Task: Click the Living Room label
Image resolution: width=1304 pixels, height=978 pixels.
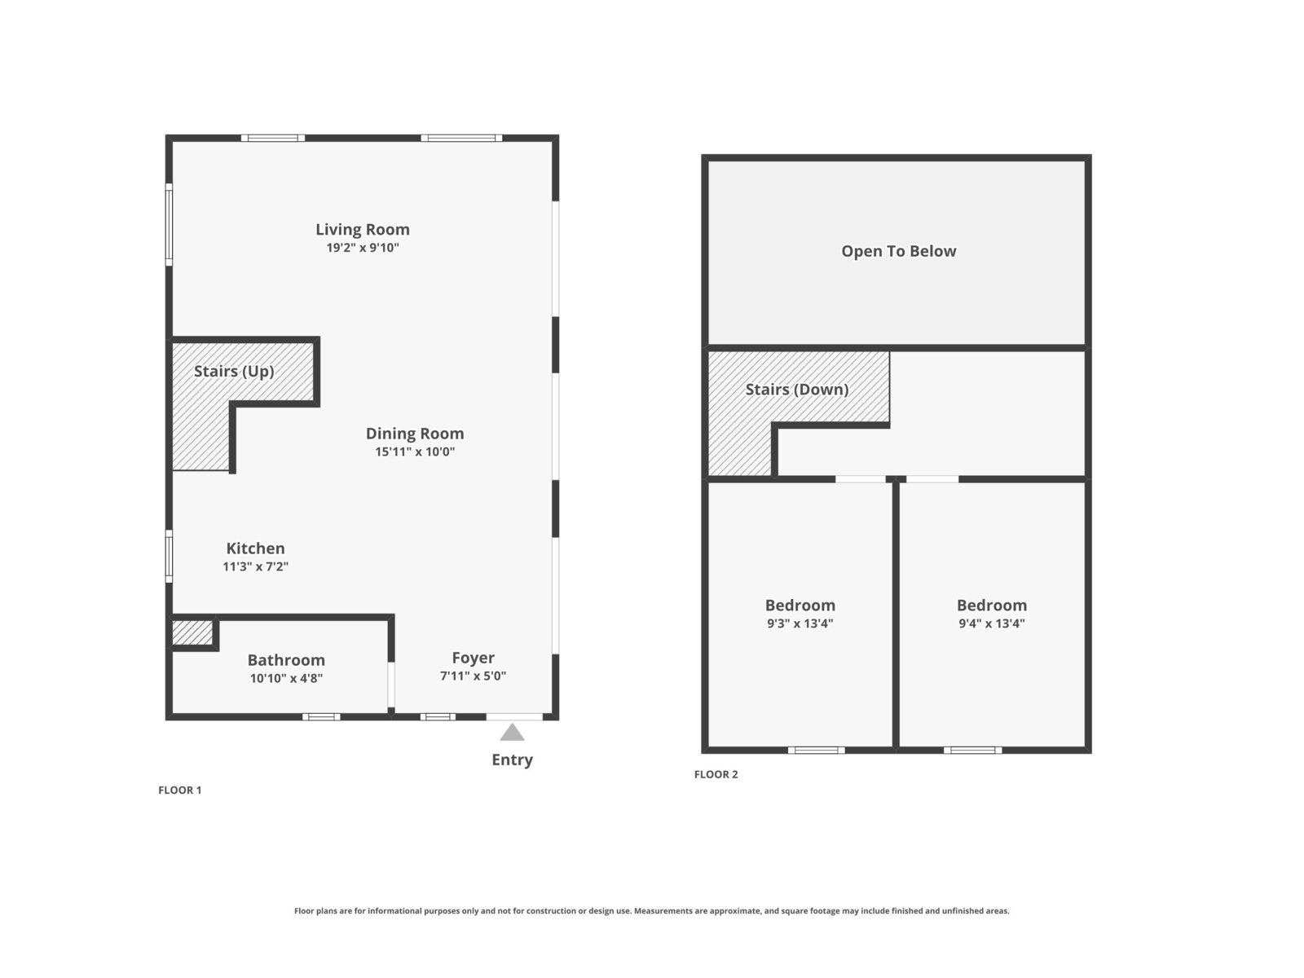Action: pos(363,229)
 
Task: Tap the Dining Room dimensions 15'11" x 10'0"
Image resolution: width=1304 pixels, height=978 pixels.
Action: pos(415,452)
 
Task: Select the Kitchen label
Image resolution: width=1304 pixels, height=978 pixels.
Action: pos(255,548)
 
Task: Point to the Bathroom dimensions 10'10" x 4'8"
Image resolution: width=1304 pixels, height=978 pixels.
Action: pos(286,678)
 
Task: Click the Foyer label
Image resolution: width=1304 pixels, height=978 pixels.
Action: pos(473,658)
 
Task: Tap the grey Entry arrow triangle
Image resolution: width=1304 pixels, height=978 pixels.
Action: pos(512,732)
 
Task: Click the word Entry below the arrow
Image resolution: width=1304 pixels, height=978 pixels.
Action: pos(512,760)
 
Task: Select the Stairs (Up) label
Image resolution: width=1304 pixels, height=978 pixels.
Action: pos(234,371)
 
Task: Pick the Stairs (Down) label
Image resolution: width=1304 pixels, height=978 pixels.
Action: pos(796,390)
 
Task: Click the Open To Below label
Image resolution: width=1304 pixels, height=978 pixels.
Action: pos(899,251)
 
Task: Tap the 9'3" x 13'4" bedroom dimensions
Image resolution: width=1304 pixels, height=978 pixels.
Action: pos(800,623)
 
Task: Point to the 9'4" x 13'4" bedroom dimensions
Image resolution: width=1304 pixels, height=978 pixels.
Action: pos(992,623)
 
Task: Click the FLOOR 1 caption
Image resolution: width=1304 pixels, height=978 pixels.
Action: pos(180,790)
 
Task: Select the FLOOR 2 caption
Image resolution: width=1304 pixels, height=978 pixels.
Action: pos(716,773)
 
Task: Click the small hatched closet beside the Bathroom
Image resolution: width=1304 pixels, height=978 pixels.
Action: pos(192,632)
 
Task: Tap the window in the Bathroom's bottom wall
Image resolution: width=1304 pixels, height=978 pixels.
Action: pos(321,716)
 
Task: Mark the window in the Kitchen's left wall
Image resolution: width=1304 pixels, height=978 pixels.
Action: pos(169,556)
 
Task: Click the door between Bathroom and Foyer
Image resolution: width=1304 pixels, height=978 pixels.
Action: pos(391,685)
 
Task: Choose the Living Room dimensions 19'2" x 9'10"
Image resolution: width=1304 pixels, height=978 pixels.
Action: pos(363,248)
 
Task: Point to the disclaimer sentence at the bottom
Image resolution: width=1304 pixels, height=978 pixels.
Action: pos(652,910)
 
